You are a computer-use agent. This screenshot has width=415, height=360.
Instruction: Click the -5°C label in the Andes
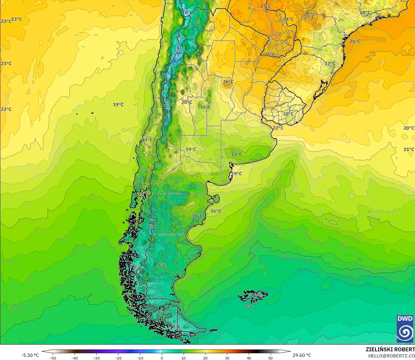point(179,52)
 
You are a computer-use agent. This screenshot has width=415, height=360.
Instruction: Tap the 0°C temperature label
point(189,13)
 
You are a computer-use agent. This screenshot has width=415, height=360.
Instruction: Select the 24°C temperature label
point(289,19)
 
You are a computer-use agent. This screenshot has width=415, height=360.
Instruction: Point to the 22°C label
point(278,128)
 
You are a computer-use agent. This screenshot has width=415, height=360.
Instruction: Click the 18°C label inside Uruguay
point(289,114)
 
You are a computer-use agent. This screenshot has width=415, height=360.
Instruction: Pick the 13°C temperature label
point(236,154)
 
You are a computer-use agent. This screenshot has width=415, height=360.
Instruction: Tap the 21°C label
point(409,149)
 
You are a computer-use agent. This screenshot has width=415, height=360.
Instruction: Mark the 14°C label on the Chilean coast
point(143,193)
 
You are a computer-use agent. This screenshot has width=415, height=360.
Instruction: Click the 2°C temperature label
point(137,268)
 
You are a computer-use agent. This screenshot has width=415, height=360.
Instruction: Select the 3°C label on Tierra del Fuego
point(176,327)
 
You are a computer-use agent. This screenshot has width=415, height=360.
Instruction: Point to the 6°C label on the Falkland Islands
point(257,296)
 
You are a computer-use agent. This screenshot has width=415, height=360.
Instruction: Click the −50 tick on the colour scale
point(53,358)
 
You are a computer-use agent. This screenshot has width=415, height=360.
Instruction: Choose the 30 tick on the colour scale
point(227,358)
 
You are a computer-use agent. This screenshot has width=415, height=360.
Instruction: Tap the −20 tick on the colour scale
point(118,358)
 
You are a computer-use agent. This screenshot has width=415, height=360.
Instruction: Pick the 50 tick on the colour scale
point(271,358)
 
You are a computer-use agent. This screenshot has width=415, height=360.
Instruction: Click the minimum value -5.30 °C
point(30,355)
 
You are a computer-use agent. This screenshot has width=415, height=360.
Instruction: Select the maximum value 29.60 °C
point(302,355)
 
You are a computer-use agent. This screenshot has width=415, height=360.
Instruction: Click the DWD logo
point(405,329)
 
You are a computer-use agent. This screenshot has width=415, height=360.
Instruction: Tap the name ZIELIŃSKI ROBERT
point(390,349)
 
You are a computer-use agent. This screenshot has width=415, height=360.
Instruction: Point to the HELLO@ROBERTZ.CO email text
point(391,356)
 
